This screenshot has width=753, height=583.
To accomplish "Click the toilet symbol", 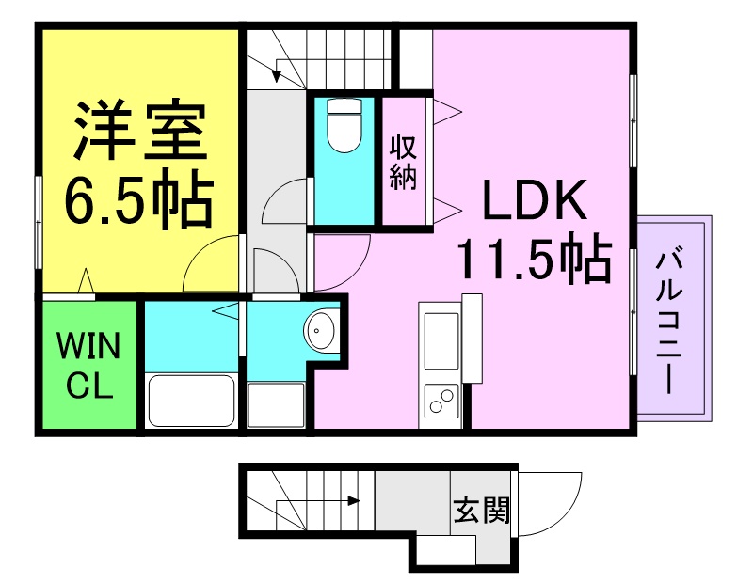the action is [x=344, y=125].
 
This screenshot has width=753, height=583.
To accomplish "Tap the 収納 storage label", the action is [x=403, y=163].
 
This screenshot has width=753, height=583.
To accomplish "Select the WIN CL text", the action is [x=88, y=365].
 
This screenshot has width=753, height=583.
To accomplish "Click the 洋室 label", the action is [x=139, y=130].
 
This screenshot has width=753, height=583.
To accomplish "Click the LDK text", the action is [x=535, y=199].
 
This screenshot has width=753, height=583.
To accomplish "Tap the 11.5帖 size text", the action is [x=535, y=257].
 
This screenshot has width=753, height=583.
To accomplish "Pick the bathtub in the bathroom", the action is [x=191, y=401].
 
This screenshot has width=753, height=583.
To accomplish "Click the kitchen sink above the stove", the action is [x=441, y=340].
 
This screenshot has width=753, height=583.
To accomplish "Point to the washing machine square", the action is [x=276, y=404].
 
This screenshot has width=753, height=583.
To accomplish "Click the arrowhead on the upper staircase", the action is [x=277, y=76].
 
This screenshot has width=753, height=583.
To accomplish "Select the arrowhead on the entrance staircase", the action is [x=355, y=501].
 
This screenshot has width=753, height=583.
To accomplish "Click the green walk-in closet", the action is [x=88, y=364].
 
